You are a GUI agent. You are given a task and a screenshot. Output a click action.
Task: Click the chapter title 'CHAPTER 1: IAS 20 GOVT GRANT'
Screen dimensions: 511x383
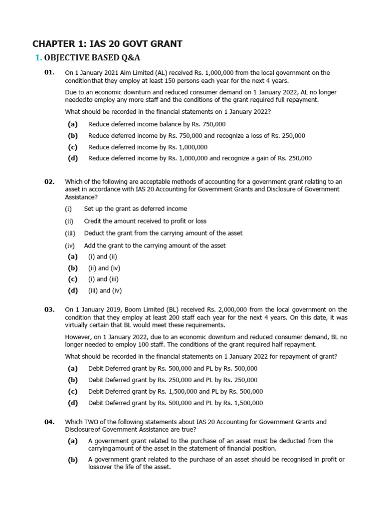tap(107, 44)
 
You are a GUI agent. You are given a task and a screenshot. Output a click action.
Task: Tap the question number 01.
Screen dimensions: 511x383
tap(49, 72)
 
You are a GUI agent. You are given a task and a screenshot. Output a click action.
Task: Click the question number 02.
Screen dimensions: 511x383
tap(49, 182)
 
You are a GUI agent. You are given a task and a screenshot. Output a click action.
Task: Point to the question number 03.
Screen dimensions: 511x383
tap(49, 309)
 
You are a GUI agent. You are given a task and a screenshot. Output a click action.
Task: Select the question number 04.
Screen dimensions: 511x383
tap(49, 422)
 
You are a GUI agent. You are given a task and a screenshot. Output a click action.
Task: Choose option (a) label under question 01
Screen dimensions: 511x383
tap(73, 124)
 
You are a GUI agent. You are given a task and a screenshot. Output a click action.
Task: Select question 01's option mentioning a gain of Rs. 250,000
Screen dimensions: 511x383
tap(199, 159)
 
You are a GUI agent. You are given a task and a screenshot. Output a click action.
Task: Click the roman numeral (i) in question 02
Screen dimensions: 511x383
tap(68, 209)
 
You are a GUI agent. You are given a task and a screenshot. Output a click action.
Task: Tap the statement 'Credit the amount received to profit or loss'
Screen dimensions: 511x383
tap(145, 221)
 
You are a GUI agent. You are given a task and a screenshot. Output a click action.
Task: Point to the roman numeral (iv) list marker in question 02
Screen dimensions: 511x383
tap(69, 246)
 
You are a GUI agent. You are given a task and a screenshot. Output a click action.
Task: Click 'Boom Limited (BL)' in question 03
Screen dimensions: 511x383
tap(150, 310)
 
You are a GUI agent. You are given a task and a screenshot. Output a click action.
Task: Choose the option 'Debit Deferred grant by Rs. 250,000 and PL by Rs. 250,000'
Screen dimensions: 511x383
tap(173, 380)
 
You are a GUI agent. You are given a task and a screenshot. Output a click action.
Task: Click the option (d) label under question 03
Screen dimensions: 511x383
tap(73, 403)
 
